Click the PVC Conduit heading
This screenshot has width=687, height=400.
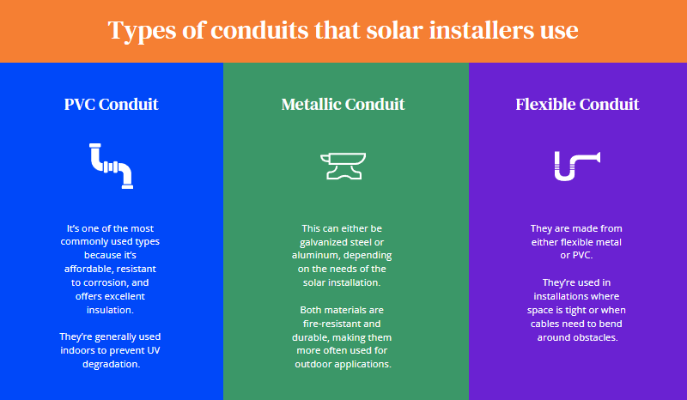[x=112, y=105]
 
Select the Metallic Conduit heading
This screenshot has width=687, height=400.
[x=343, y=105]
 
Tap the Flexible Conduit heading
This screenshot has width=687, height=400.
[x=577, y=105]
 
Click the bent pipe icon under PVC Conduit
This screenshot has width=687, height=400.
[x=112, y=166]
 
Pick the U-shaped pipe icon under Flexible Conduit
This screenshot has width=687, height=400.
[x=576, y=166]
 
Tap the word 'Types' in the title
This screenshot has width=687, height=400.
[x=140, y=31]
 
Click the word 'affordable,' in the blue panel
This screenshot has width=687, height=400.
[x=93, y=269]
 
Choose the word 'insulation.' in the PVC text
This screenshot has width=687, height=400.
[x=112, y=310]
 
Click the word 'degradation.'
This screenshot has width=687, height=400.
[x=112, y=364]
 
